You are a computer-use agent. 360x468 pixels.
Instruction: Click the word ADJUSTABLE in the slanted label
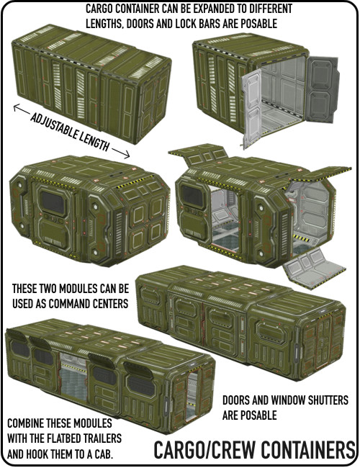click(52, 126)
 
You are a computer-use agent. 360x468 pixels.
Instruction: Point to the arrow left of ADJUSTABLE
click(22, 109)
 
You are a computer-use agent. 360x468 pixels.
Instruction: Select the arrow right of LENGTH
click(121, 153)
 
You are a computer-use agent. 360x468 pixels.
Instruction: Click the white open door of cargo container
click(252, 109)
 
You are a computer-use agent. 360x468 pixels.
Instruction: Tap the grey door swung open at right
click(323, 89)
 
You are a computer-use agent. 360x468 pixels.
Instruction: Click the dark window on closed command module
click(53, 202)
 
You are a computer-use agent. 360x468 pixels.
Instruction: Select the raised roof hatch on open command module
click(199, 154)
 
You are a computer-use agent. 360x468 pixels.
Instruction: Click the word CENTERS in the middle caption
click(110, 304)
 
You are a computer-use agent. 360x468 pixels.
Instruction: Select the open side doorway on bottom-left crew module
click(73, 377)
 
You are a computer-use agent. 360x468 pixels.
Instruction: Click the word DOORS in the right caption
click(236, 400)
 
